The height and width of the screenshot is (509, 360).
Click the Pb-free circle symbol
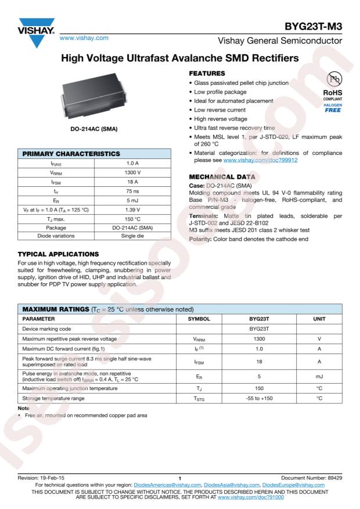coord(333,80)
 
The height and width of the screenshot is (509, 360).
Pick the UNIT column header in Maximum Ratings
coord(319,319)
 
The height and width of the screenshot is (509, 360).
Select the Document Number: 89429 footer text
coord(315,476)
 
